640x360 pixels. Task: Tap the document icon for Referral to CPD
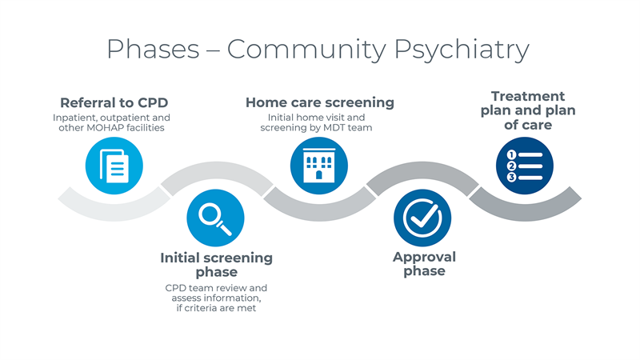[x=114, y=166]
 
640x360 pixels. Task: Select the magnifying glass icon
[x=215, y=218]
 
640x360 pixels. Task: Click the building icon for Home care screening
[x=319, y=166]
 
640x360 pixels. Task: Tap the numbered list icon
[x=524, y=166]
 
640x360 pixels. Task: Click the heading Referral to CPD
[x=114, y=102]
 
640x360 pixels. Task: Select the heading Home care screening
[x=319, y=102]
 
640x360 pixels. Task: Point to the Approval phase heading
[x=424, y=264]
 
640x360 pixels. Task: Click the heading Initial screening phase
[x=216, y=265]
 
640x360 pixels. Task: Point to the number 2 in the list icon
[x=511, y=166]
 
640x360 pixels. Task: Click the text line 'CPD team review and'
[x=216, y=287]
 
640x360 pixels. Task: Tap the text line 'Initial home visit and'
[x=319, y=117]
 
